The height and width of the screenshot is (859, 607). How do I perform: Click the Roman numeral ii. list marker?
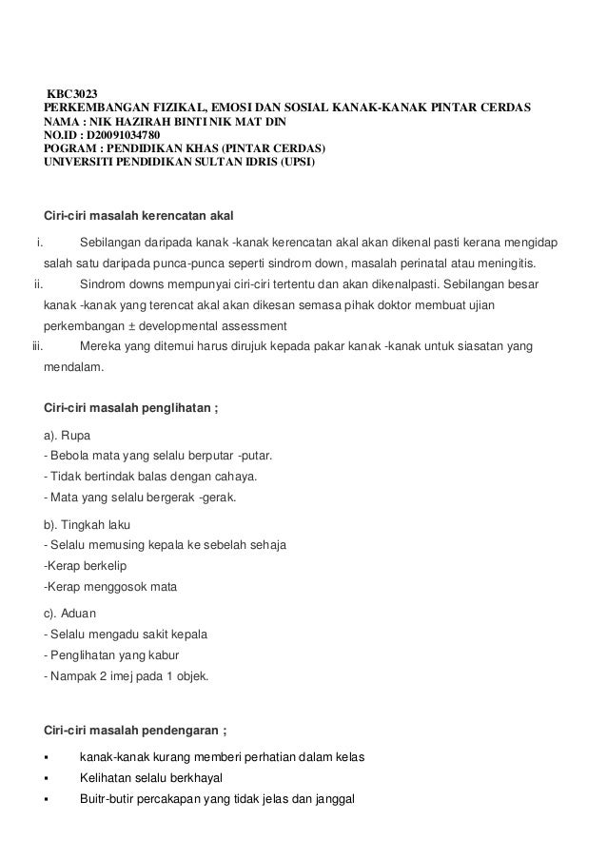point(38,283)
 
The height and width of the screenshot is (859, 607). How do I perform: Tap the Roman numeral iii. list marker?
point(38,345)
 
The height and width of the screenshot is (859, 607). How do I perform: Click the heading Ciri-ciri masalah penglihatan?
point(137,409)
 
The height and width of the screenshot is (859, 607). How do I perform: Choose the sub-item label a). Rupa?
point(69,435)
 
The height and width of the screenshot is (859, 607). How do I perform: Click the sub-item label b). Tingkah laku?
point(88,524)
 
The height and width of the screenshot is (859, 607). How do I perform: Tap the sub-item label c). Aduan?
point(71,614)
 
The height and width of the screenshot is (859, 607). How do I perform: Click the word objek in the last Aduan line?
point(197,676)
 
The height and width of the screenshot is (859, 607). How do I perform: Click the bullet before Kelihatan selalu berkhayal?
point(47,778)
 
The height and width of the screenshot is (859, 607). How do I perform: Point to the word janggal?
point(331,798)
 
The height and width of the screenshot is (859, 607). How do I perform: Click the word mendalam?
point(76,365)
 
